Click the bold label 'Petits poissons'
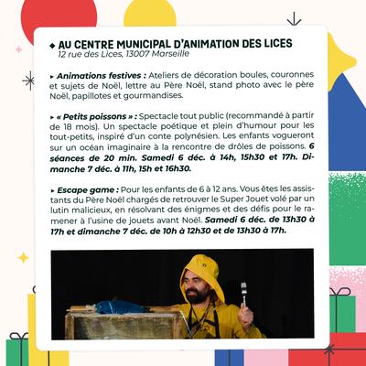coord(98,117)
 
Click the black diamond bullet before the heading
coord(51,43)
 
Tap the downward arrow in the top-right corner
coord(294,18)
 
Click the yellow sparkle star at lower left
coord(23,257)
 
